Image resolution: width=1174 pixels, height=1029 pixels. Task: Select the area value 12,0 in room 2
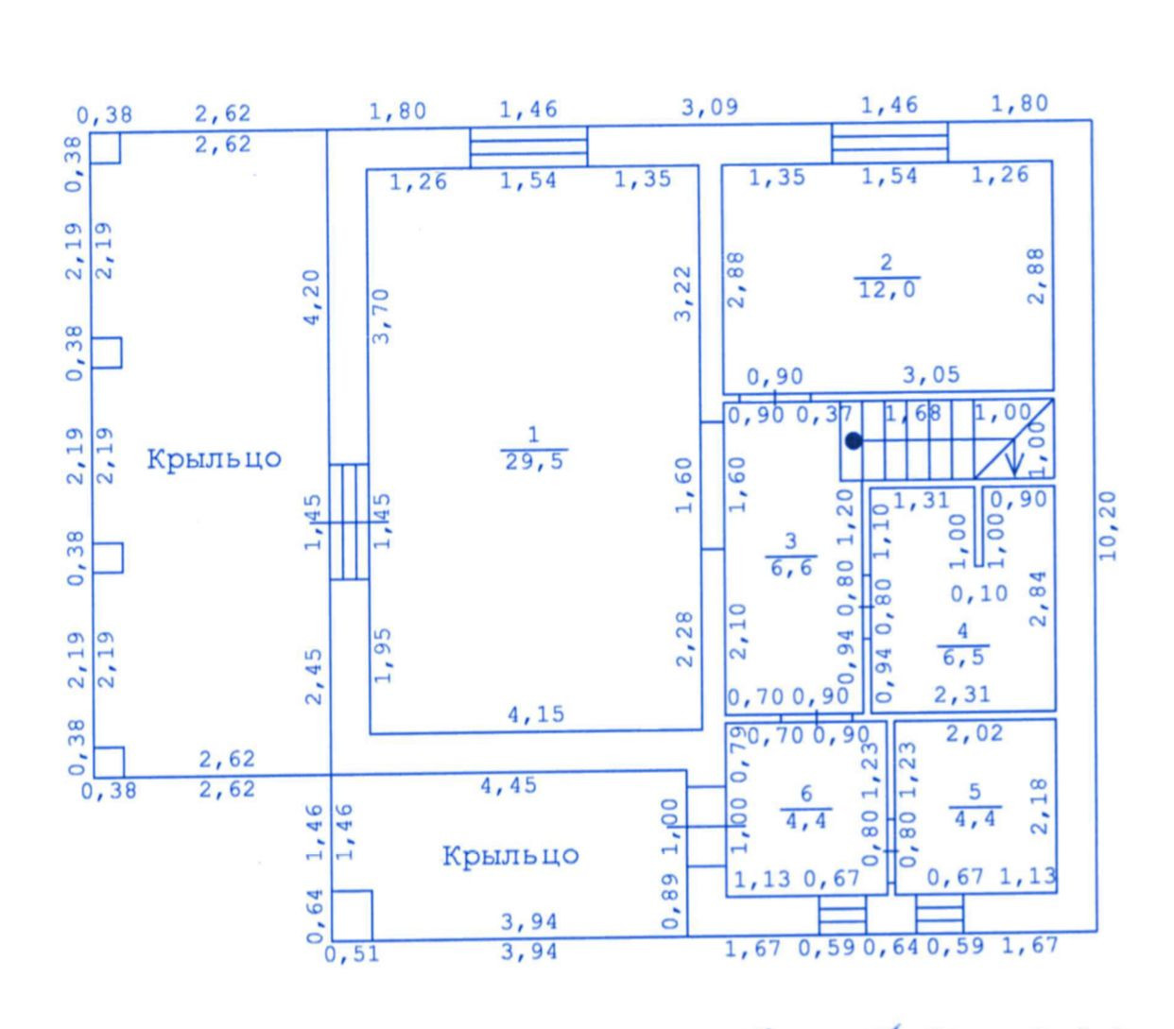click(x=887, y=289)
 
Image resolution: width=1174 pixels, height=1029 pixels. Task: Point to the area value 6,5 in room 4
click(x=962, y=658)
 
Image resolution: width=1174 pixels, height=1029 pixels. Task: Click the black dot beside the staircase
click(x=854, y=440)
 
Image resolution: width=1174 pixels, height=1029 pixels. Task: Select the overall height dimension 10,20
click(x=1110, y=525)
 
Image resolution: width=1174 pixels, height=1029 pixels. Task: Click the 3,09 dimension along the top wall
click(x=710, y=107)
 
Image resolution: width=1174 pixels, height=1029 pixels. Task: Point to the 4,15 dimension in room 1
click(x=536, y=714)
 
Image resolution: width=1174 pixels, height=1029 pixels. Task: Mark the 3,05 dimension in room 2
click(x=931, y=375)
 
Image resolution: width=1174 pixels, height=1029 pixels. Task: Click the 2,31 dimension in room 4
click(x=962, y=695)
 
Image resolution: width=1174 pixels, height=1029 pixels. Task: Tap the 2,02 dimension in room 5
click(x=975, y=733)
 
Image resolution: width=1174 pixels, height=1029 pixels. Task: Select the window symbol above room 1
click(x=528, y=147)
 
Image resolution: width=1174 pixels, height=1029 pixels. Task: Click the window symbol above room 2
click(x=889, y=142)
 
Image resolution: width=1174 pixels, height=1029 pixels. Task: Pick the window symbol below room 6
click(x=842, y=915)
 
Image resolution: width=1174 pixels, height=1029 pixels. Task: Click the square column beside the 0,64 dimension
click(x=353, y=915)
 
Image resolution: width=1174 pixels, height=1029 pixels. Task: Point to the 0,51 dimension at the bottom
click(x=352, y=954)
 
